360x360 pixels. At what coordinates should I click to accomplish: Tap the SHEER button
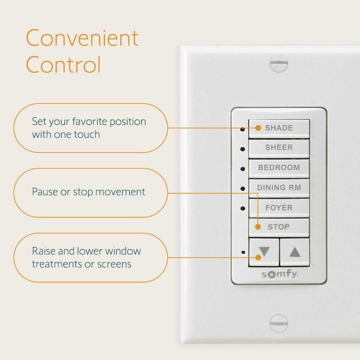pos(279,149)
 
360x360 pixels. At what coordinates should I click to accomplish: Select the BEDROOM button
pos(279,169)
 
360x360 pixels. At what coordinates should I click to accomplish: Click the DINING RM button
pos(279,188)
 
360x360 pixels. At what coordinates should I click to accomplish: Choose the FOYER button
pos(279,208)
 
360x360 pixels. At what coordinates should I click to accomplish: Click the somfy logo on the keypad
pos(280,274)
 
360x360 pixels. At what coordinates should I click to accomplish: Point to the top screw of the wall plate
pos(279,63)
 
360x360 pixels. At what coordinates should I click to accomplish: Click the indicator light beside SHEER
pos(242,149)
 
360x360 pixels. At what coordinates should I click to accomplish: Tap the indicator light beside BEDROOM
pos(242,169)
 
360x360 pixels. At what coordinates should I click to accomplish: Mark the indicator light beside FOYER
pos(242,208)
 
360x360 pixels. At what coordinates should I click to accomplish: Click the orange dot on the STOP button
pos(258,227)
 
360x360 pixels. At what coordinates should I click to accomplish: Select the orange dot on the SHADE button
pos(258,128)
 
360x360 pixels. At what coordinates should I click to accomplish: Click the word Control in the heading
pos(63,64)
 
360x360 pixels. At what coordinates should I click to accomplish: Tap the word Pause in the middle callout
pos(44,192)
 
